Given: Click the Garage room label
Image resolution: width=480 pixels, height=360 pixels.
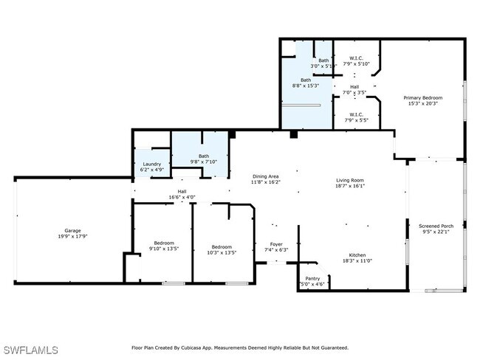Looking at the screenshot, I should [72, 230].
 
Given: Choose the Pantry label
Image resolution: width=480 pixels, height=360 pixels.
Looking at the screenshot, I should [312, 278].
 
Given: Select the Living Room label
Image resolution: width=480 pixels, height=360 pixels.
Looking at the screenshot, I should [352, 180].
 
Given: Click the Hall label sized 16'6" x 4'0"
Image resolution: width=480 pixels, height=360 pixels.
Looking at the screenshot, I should [182, 191].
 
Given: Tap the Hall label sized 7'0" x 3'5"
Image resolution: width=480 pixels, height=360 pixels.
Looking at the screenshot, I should [354, 86].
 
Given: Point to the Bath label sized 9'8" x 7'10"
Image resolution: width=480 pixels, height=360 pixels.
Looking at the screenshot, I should [203, 156].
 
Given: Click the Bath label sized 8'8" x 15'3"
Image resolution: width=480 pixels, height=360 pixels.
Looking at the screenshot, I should [306, 80].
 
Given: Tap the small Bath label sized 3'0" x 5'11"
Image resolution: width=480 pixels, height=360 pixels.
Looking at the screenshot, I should [323, 60].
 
